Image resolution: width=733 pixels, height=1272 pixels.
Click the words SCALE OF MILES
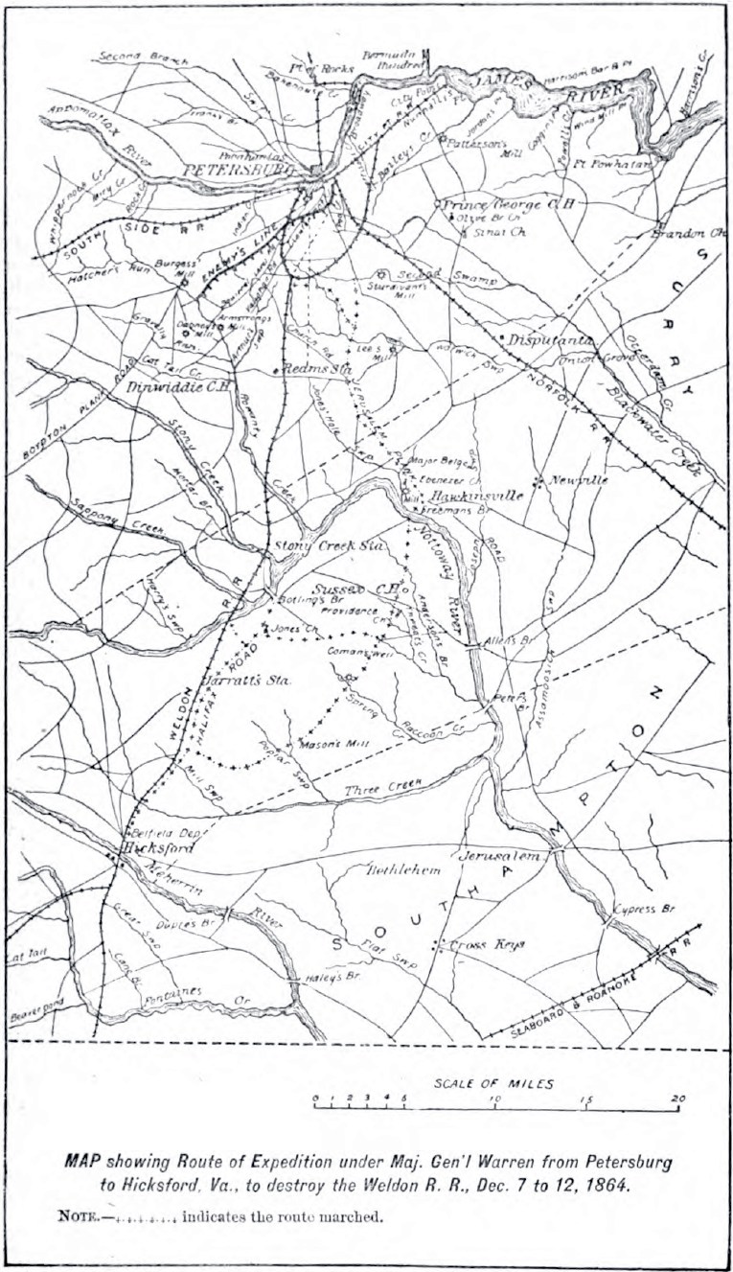[x=493, y=1083]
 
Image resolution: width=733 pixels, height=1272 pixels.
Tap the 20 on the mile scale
[x=677, y=1099]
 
